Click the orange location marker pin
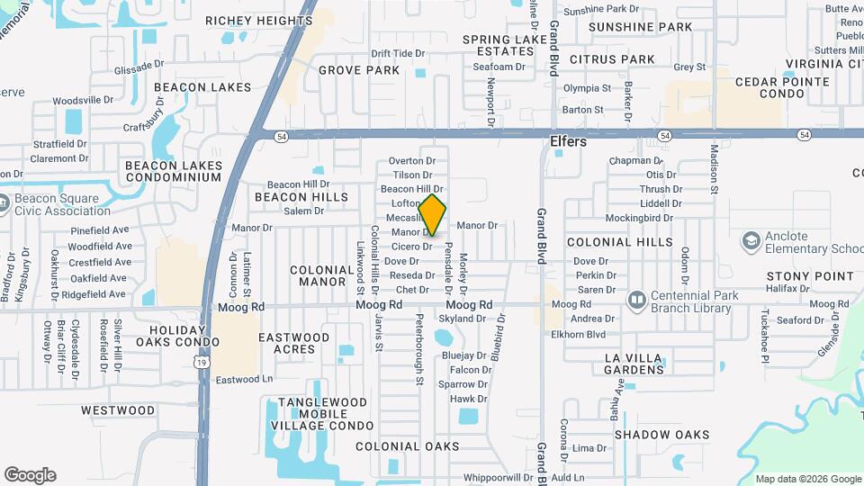[433, 215]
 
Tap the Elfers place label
[568, 141]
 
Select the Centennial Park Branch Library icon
[637, 298]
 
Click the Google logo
[30, 475]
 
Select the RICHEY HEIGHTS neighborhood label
[258, 21]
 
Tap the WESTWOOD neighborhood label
[118, 410]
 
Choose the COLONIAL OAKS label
[407, 446]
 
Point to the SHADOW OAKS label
[662, 435]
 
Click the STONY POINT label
[810, 275]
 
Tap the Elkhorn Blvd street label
[579, 335]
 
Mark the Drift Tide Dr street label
[397, 54]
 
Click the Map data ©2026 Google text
[807, 479]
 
